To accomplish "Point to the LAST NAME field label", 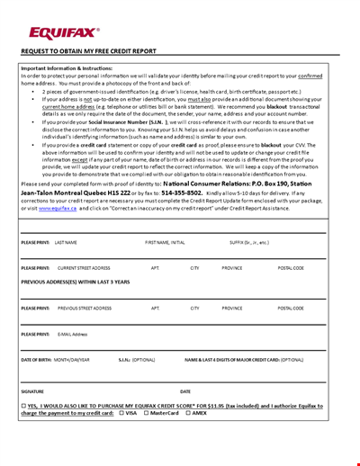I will [66, 242].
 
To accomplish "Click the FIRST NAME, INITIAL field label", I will [166, 242].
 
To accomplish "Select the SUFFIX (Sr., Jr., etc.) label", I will [249, 242].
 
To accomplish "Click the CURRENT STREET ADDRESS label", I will [85, 268].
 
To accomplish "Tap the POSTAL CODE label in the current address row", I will [292, 268].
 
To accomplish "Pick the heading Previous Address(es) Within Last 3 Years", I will [78, 282].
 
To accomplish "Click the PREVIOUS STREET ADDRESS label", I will [85, 308].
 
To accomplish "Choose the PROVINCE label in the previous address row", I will [232, 308].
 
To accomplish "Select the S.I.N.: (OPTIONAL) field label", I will [138, 359].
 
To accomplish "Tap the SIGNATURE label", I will [32, 391].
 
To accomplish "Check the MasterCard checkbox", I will [147, 413].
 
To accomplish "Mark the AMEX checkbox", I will [188, 413].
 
